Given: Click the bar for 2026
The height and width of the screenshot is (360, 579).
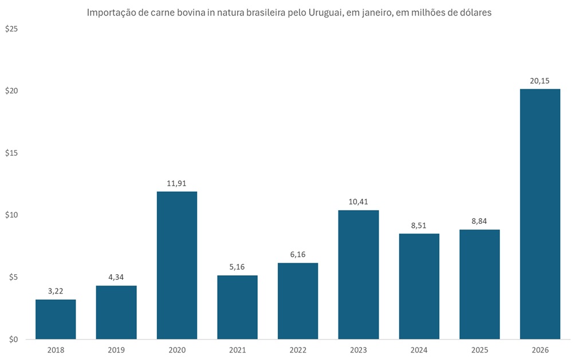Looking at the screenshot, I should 539,214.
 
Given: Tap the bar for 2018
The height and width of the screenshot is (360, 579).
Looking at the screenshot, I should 56,319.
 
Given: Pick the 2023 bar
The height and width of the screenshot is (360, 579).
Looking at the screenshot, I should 358,275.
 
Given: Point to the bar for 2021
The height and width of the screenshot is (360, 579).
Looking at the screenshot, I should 237,307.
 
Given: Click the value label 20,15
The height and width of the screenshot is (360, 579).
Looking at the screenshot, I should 539,81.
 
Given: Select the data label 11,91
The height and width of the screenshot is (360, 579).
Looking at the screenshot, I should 176,183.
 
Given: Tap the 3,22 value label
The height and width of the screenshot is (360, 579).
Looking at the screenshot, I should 56,291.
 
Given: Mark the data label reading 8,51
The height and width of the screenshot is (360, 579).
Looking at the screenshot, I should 419,226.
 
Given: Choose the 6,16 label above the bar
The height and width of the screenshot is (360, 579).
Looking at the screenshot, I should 298,255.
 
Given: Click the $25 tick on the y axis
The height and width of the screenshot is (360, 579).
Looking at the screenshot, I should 11,29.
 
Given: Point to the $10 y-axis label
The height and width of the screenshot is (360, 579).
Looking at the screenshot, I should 11,215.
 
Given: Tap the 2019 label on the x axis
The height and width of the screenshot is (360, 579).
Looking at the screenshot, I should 116,350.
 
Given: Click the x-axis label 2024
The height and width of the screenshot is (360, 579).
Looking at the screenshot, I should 419,350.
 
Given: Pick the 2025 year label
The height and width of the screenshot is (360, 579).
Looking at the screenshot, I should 479,350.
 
